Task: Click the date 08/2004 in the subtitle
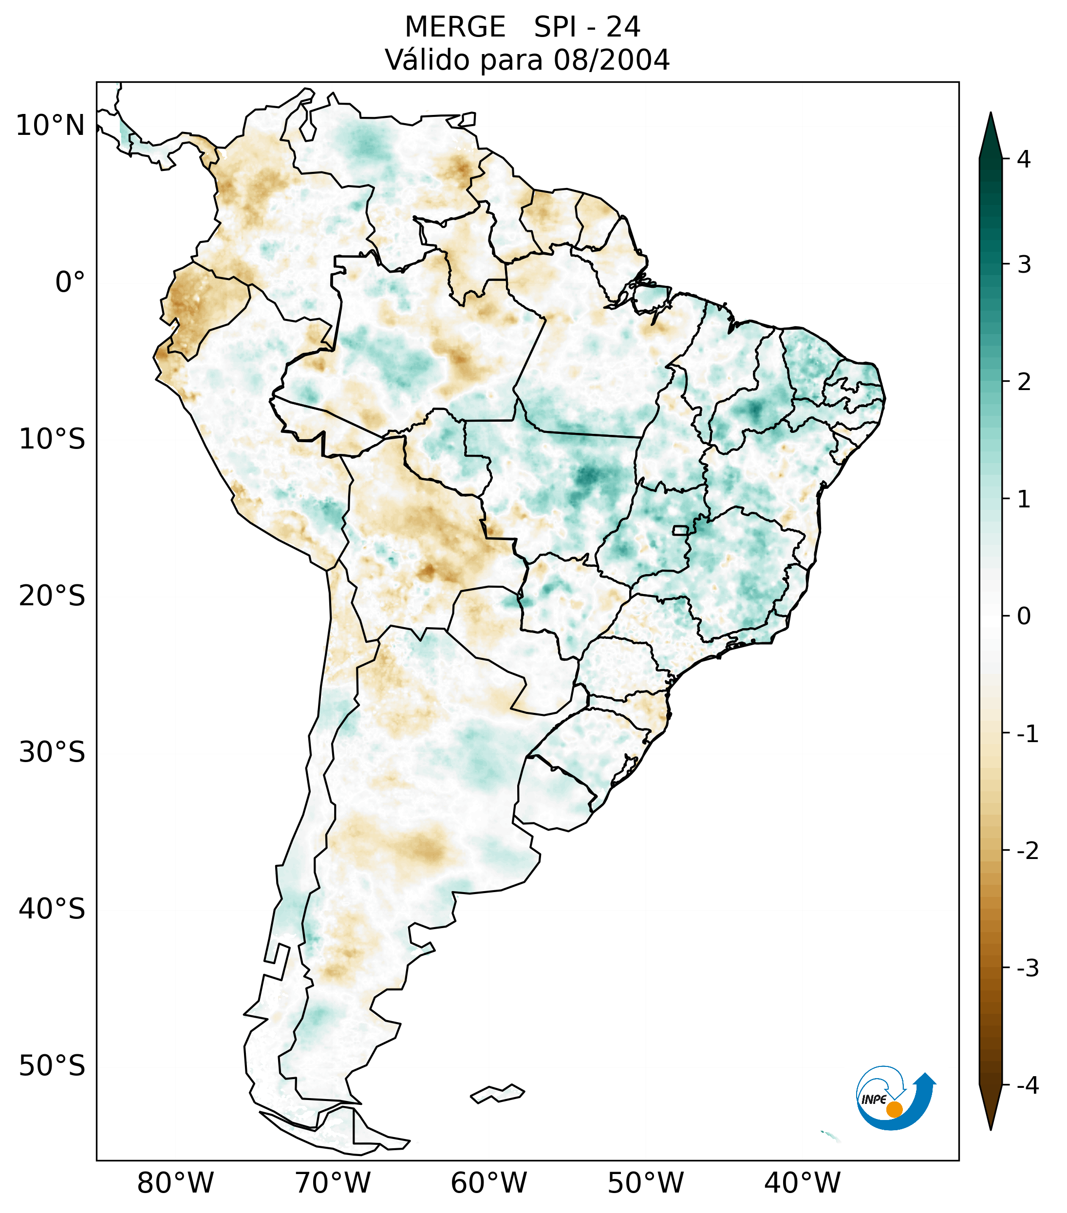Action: click(611, 60)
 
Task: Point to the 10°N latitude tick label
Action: click(51, 126)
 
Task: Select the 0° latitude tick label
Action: click(70, 282)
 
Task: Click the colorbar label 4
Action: click(1024, 159)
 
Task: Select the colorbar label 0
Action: click(1024, 616)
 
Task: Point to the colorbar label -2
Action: click(1027, 851)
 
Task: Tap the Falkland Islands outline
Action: click(497, 1093)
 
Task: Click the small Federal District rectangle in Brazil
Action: click(681, 530)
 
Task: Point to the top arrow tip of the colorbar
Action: click(991, 114)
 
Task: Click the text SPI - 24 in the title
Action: click(587, 27)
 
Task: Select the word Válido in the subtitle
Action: click(429, 60)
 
